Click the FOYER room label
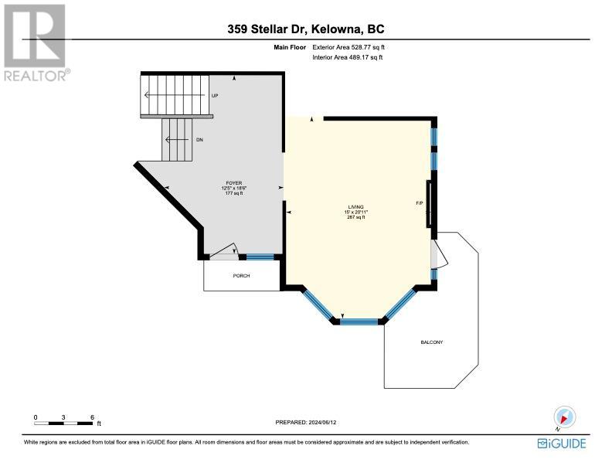pyautogui.click(x=234, y=182)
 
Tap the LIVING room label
pyautogui.click(x=356, y=207)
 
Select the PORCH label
pyautogui.click(x=241, y=275)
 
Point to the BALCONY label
pyautogui.click(x=432, y=342)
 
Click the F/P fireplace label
pyautogui.click(x=420, y=203)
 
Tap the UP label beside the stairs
pyautogui.click(x=215, y=96)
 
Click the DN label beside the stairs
pyautogui.click(x=199, y=140)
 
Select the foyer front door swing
pyautogui.click(x=224, y=252)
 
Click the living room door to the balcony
pyautogui.click(x=439, y=254)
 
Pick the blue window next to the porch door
pyautogui.click(x=260, y=257)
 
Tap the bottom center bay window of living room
pyautogui.click(x=359, y=322)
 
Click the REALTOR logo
pyautogui.click(x=36, y=43)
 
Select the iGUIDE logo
pyautogui.click(x=562, y=444)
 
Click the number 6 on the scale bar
pyautogui.click(x=92, y=417)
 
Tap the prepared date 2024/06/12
pyautogui.click(x=322, y=422)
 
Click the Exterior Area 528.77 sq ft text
pyautogui.click(x=348, y=47)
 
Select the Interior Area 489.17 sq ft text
pyautogui.click(x=348, y=57)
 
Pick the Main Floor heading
pyautogui.click(x=290, y=47)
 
